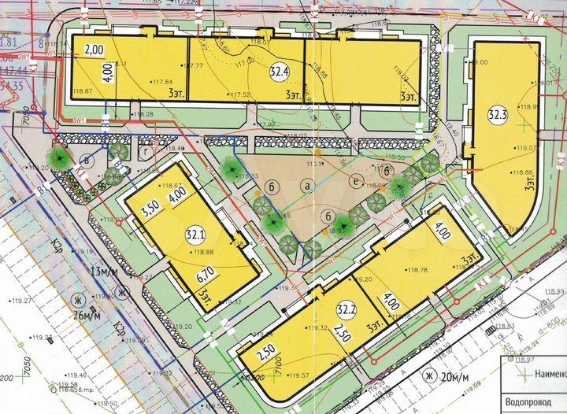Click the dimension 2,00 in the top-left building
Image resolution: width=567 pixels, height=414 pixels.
coord(94,50)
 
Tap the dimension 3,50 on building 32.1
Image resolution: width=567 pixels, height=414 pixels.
coord(150,212)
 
